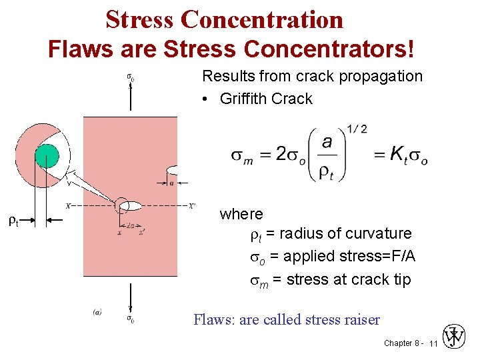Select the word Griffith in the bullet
pyautogui.click(x=243, y=99)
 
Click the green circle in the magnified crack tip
pyautogui.click(x=47, y=157)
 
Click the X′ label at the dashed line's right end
pyautogui.click(x=192, y=205)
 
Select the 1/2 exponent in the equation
pyautogui.click(x=357, y=129)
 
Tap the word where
pyautogui.click(x=241, y=214)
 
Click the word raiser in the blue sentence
pyautogui.click(x=361, y=320)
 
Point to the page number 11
pyautogui.click(x=433, y=343)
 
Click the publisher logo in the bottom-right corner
pyautogui.click(x=456, y=337)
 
